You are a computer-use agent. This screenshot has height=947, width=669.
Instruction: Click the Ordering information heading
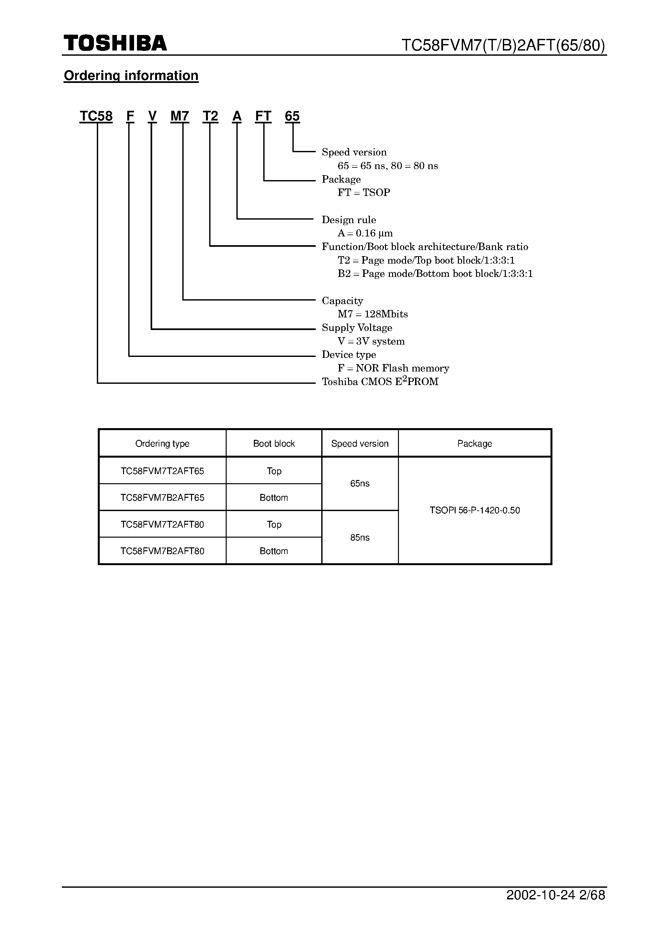(x=131, y=75)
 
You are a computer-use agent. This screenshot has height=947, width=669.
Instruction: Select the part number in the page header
(x=503, y=45)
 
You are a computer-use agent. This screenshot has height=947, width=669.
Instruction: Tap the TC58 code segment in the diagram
(x=96, y=116)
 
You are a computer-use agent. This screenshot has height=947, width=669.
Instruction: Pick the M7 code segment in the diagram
(x=180, y=116)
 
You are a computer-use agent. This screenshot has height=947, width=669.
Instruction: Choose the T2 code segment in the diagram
(x=210, y=116)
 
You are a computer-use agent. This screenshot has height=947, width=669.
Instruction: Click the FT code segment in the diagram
(x=263, y=116)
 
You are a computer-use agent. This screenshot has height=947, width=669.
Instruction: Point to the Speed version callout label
(x=354, y=152)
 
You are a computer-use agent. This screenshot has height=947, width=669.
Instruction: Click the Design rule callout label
(x=349, y=220)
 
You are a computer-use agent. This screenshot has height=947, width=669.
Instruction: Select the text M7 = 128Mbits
(x=373, y=314)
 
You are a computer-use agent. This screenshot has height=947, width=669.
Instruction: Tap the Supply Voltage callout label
(x=357, y=328)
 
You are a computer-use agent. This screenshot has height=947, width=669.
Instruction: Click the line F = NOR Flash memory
(x=393, y=368)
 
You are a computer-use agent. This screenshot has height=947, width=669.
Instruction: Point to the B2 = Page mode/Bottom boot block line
(x=435, y=274)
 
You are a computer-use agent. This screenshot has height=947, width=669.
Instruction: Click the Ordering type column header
(x=162, y=444)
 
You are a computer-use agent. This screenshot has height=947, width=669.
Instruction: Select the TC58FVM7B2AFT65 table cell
(x=162, y=498)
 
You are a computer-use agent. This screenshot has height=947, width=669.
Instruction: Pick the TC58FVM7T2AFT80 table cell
(x=162, y=525)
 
